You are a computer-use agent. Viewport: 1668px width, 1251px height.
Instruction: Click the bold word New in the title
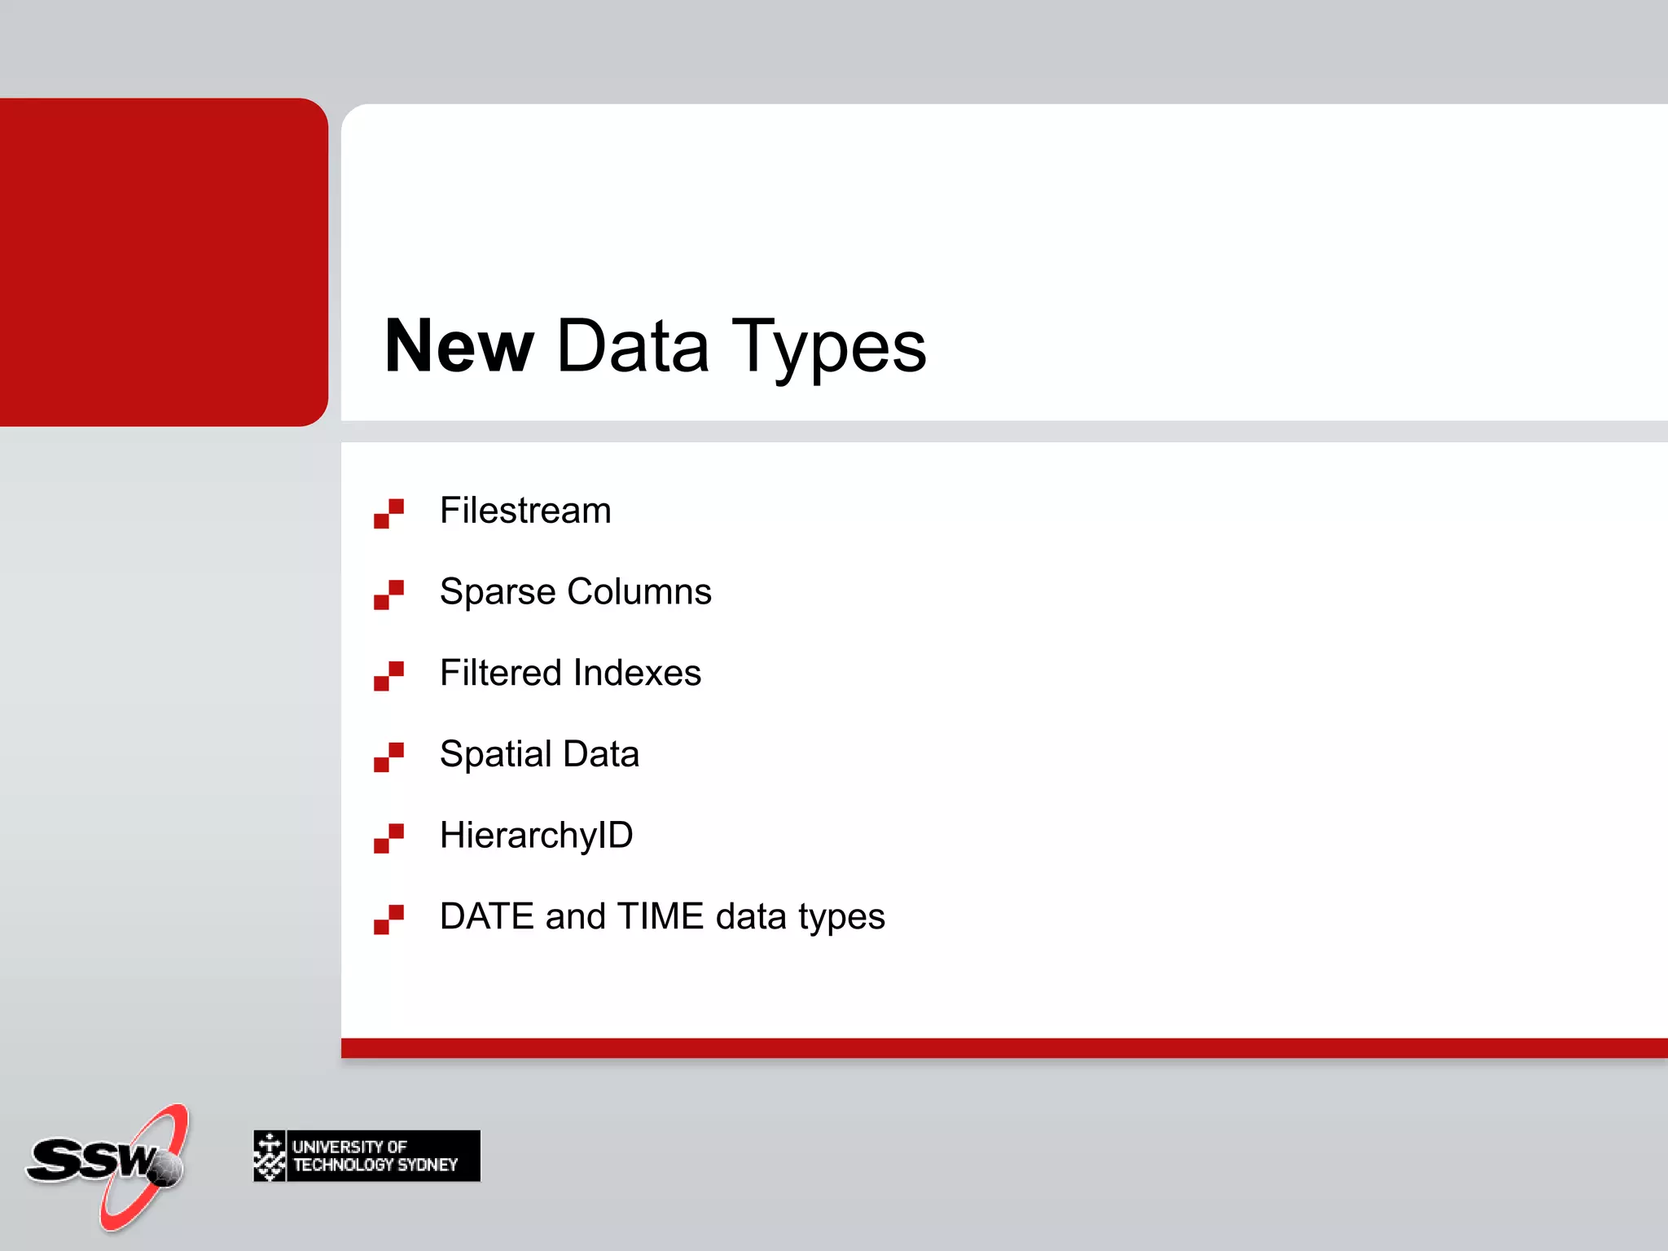pos(459,347)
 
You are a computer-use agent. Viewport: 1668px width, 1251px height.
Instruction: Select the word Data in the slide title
pos(632,347)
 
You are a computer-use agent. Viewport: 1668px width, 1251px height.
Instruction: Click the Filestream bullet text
pos(525,511)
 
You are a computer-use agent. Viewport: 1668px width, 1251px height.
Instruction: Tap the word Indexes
pos(637,673)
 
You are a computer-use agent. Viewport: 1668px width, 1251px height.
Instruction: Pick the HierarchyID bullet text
pos(536,836)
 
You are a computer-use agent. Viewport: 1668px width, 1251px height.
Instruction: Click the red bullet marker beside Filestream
pos(388,514)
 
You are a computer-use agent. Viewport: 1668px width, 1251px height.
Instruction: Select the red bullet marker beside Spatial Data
pos(388,757)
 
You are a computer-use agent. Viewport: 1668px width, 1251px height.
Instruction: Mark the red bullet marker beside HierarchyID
pos(388,839)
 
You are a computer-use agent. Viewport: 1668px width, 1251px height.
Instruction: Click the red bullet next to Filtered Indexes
pos(388,676)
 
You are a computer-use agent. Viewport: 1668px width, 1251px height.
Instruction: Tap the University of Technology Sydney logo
pos(367,1156)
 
